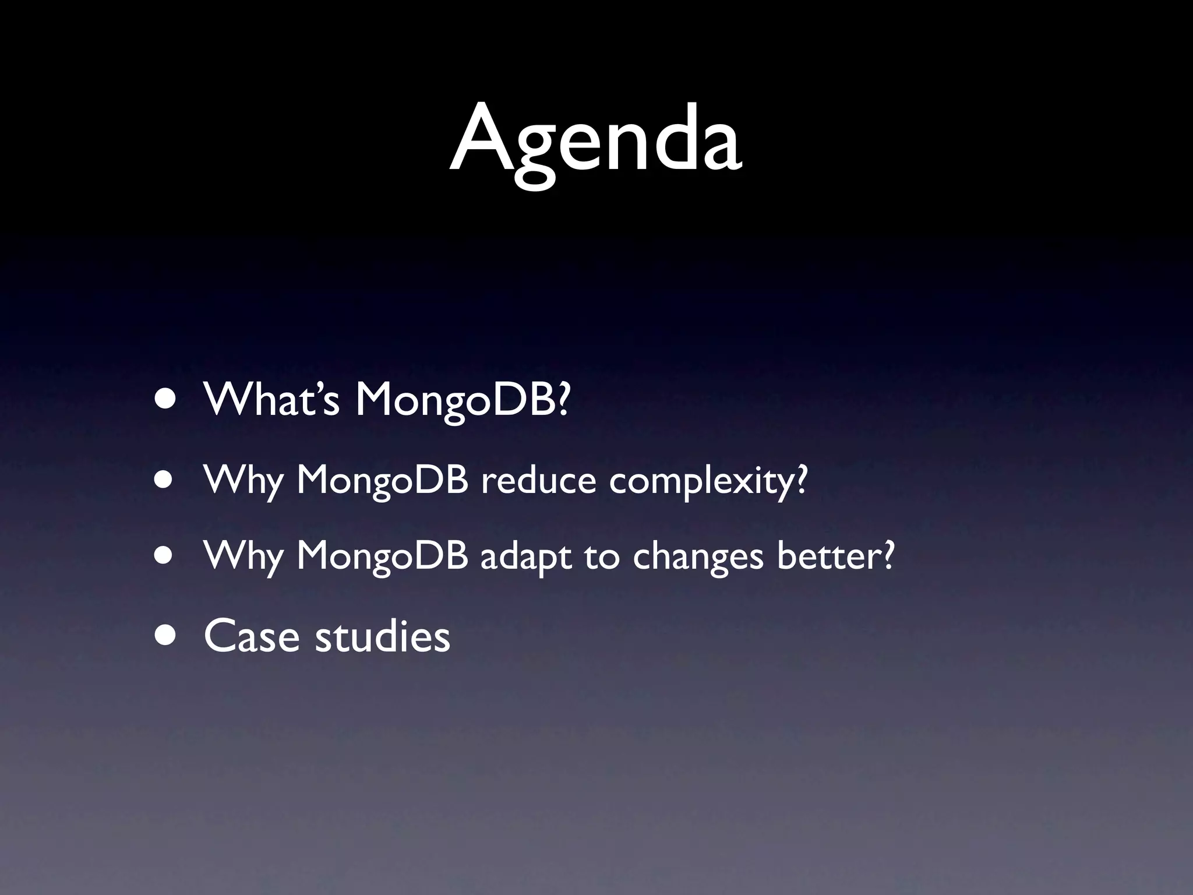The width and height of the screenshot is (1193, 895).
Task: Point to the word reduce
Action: pos(538,481)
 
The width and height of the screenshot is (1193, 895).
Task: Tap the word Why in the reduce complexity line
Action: pos(243,481)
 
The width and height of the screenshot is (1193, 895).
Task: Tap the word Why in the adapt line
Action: pos(243,557)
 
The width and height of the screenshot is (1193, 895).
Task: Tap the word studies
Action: pos(383,636)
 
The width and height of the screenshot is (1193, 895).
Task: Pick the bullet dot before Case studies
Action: pos(165,636)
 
